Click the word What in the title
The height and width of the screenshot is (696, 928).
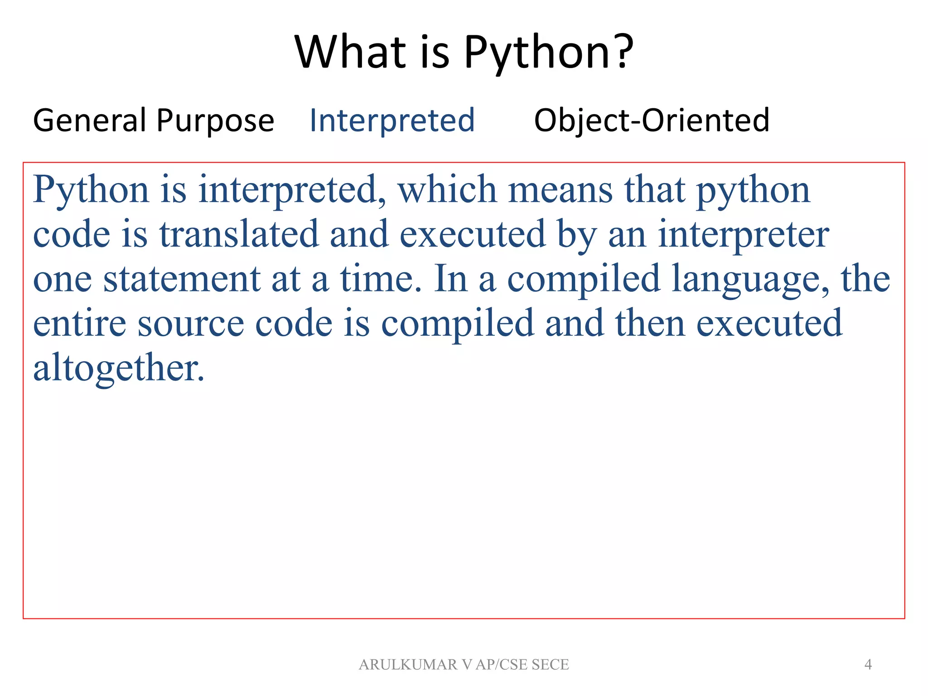350,52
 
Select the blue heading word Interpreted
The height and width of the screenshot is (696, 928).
392,121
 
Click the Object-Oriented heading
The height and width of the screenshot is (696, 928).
652,121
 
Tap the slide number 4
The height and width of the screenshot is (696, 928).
868,664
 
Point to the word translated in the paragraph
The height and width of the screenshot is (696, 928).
239,234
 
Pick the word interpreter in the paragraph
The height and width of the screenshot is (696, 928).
743,234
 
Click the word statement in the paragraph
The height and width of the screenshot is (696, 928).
182,279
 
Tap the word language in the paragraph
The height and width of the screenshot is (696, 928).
750,280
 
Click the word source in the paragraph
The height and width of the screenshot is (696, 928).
191,324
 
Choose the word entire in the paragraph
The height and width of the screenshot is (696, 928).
80,324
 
